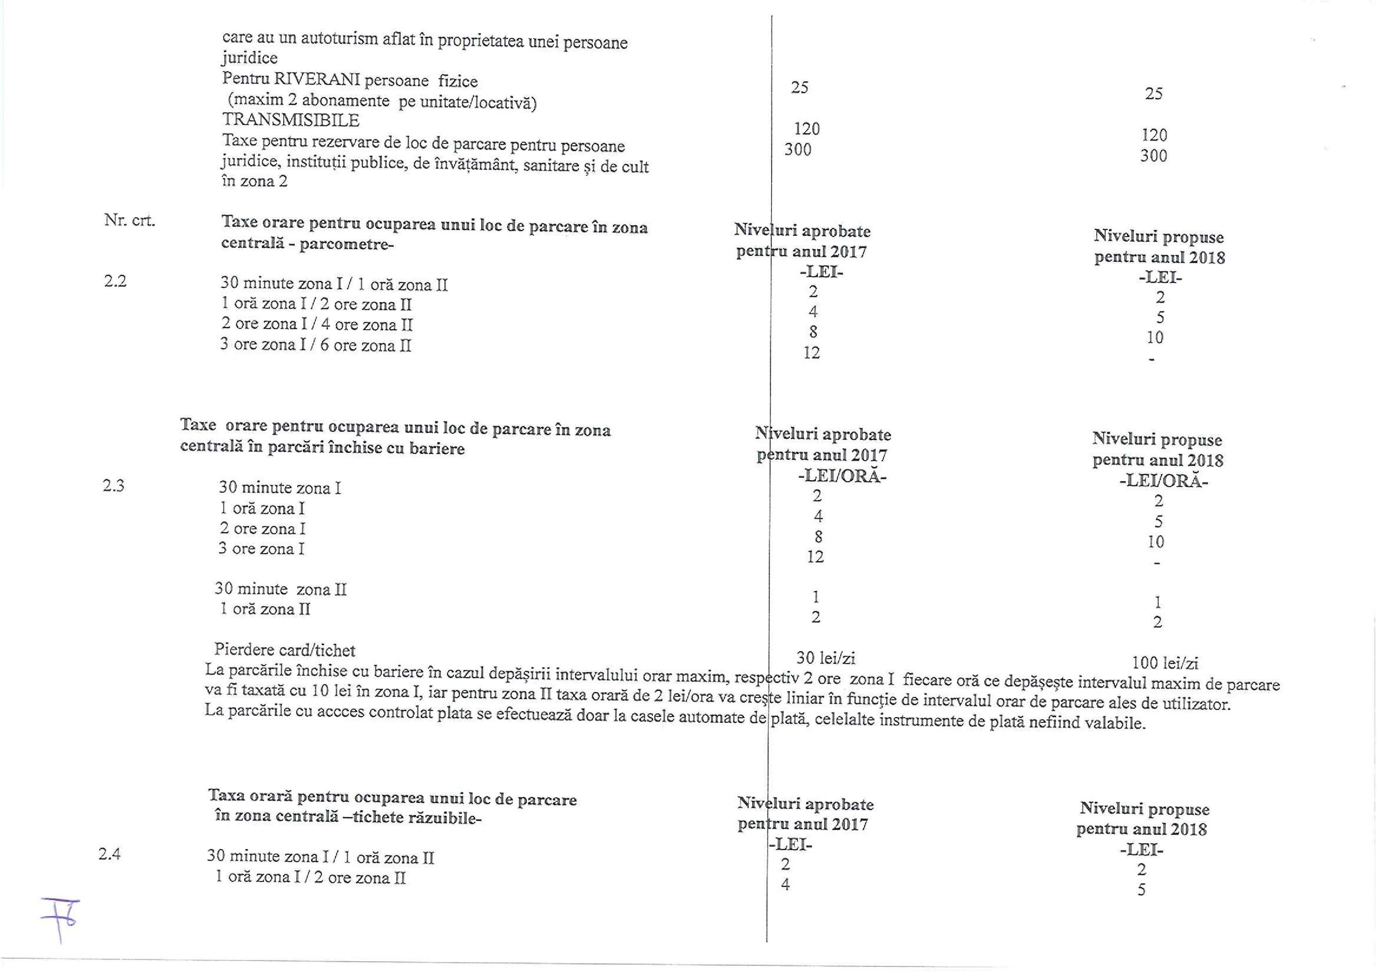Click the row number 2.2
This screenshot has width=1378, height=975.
click(x=115, y=281)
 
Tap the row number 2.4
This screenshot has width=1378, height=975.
click(x=109, y=854)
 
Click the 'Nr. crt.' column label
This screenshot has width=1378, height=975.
click(x=130, y=220)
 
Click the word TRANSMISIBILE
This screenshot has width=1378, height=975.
click(x=290, y=120)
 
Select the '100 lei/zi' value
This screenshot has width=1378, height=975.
click(x=1165, y=663)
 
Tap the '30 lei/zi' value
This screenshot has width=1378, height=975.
click(x=825, y=658)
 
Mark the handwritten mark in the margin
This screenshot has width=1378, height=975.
click(x=60, y=918)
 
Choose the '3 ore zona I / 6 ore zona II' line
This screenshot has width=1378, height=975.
click(x=316, y=345)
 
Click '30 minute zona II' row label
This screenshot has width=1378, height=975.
click(x=281, y=589)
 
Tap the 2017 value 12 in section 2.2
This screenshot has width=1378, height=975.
click(x=812, y=353)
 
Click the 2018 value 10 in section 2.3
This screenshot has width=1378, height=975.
click(x=1155, y=542)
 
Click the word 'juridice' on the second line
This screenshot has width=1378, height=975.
click(x=250, y=58)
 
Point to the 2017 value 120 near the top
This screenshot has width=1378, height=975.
click(x=806, y=129)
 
